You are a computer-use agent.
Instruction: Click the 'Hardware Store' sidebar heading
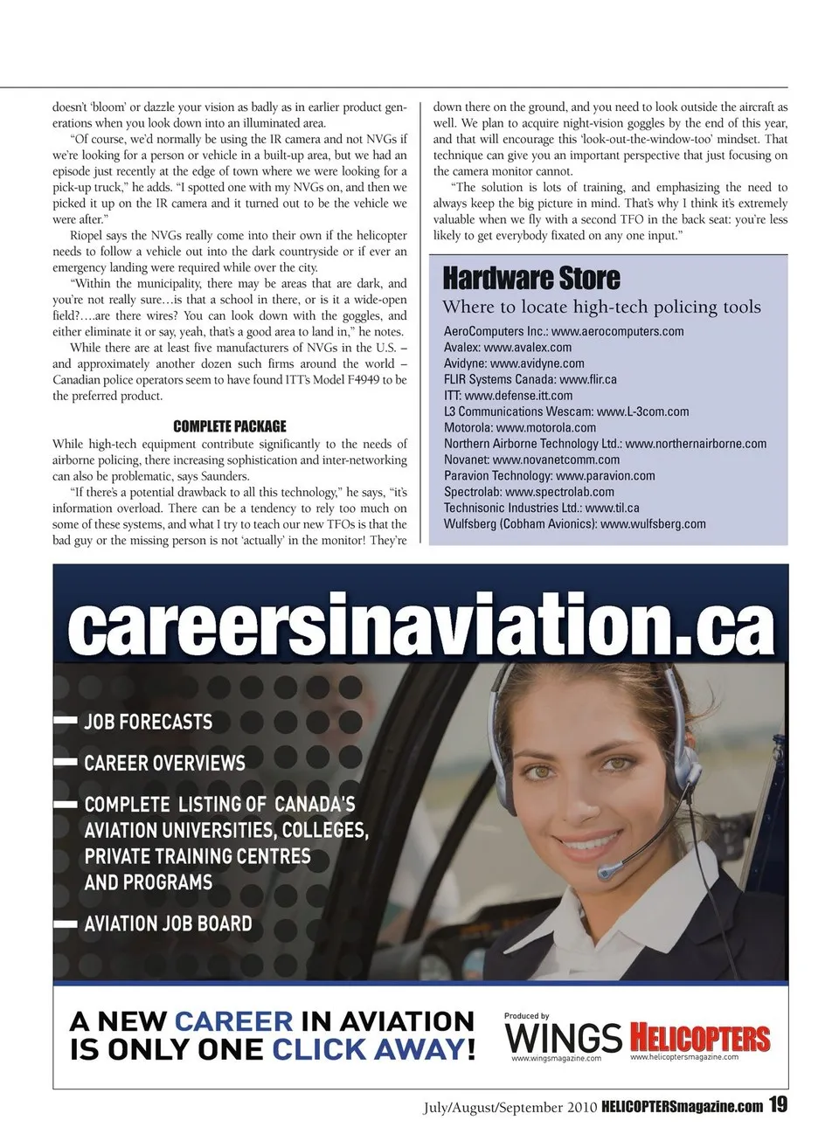pyautogui.click(x=531, y=279)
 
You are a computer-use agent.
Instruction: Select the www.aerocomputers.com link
pyautogui.click(x=617, y=331)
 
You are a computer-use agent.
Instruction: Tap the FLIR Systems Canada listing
pyautogui.click(x=530, y=379)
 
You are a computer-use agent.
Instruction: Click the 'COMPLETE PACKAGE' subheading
pyautogui.click(x=229, y=426)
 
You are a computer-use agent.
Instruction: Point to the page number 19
pyautogui.click(x=778, y=1105)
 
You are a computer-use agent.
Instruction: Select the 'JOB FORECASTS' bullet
pyautogui.click(x=148, y=722)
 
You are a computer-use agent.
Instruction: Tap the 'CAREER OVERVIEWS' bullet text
pyautogui.click(x=164, y=763)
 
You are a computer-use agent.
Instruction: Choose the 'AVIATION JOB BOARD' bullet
pyautogui.click(x=168, y=923)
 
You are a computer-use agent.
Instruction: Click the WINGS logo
pyautogui.click(x=563, y=1038)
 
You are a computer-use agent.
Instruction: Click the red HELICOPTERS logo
pyautogui.click(x=700, y=1038)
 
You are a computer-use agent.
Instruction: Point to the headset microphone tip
pyautogui.click(x=604, y=872)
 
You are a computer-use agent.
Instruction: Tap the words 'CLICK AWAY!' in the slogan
pyautogui.click(x=374, y=1048)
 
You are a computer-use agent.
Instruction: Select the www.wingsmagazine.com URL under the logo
pyautogui.click(x=556, y=1059)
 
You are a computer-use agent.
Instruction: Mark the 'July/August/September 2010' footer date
pyautogui.click(x=510, y=1108)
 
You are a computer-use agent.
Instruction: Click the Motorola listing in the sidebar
pyautogui.click(x=519, y=427)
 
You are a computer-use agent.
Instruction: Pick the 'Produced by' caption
pyautogui.click(x=526, y=1016)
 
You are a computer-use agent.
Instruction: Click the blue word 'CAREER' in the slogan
pyautogui.click(x=233, y=1021)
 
